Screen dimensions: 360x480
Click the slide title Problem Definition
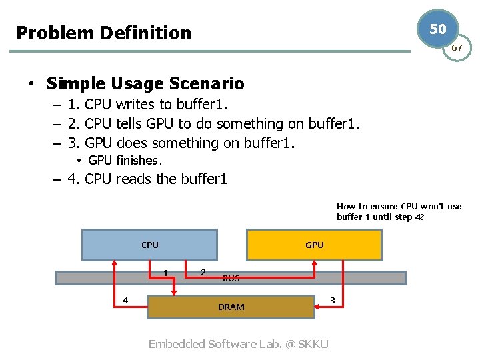(103, 33)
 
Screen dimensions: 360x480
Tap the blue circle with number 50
(437, 29)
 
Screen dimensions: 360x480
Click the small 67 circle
(457, 48)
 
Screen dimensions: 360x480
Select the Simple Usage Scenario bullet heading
(145, 83)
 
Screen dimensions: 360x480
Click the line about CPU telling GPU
(213, 123)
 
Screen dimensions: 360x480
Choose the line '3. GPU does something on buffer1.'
(181, 143)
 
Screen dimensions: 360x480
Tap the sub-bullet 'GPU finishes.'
(125, 160)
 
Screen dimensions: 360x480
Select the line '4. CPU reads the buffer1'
(147, 179)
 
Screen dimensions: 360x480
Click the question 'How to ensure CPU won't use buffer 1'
(399, 211)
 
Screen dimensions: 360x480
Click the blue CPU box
(149, 245)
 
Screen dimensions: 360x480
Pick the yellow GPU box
(315, 245)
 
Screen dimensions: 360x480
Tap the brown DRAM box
(231, 307)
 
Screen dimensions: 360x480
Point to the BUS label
(231, 278)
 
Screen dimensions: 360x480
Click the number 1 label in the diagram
(165, 272)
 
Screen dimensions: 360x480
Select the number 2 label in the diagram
(203, 271)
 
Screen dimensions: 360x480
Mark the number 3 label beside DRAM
(333, 301)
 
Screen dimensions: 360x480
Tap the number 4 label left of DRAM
(125, 299)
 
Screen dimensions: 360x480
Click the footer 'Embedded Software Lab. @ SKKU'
(238, 344)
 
